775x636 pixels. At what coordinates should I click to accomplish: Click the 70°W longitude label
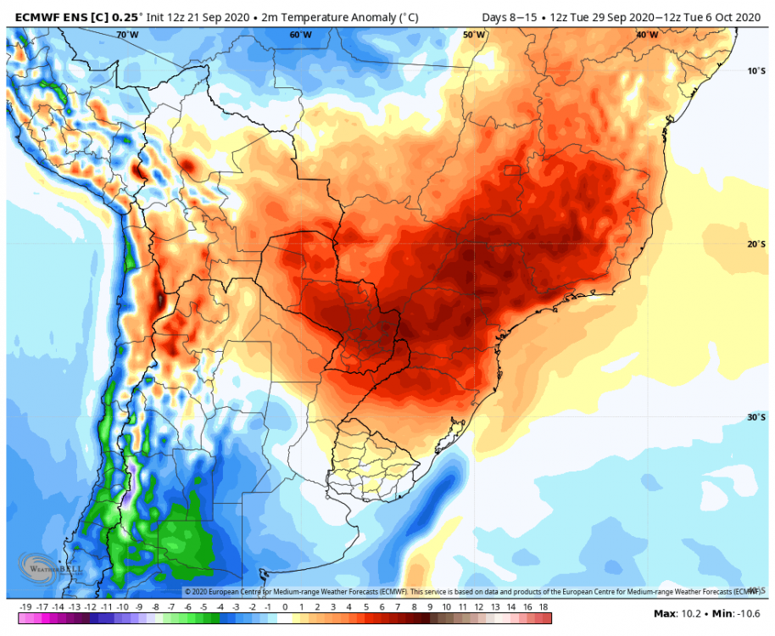127,35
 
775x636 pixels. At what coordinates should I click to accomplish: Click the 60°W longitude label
300,35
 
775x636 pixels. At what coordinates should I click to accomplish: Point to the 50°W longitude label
474,35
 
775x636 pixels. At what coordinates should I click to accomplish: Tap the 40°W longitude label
647,35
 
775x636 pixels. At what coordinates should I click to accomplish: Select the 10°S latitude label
756,70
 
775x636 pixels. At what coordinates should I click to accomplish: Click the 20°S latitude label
756,244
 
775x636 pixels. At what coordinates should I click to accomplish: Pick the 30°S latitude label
756,417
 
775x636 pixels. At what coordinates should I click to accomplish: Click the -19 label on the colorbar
25,607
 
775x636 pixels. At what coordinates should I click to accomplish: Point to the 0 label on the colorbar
285,607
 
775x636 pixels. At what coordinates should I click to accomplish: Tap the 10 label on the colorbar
447,607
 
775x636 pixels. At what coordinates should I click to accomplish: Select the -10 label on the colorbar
123,607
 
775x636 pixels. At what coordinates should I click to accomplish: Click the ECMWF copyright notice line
471,591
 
